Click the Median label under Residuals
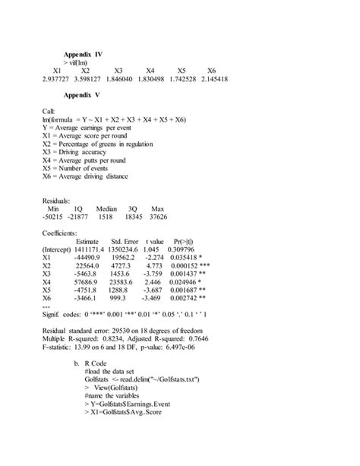(x=111, y=208)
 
